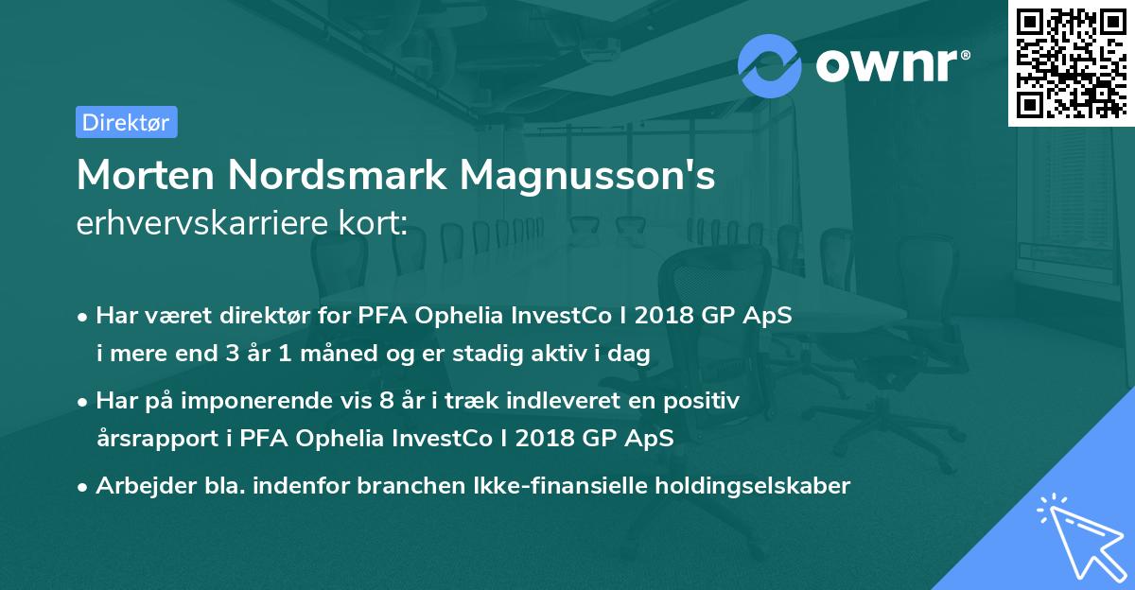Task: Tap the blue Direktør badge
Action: pos(126,122)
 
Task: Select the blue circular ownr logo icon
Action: pos(770,65)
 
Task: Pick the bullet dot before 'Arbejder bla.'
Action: pos(84,488)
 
